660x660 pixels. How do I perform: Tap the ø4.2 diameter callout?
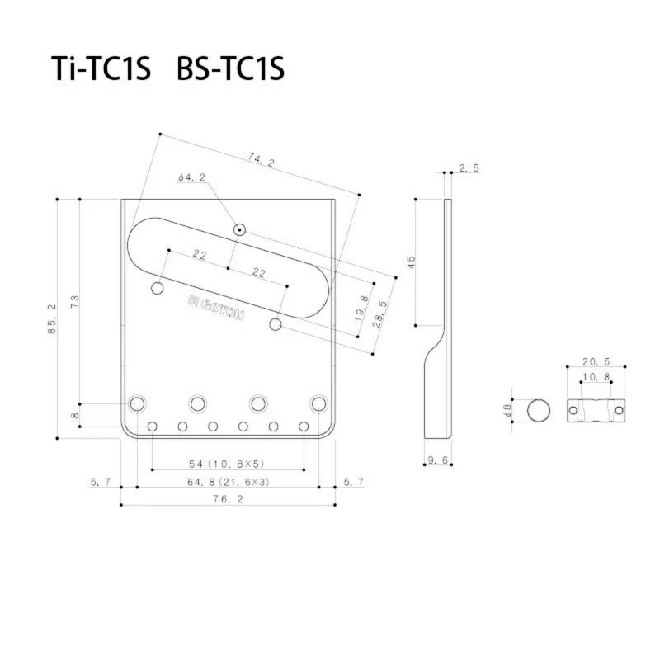(191, 177)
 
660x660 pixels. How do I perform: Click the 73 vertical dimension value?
(76, 302)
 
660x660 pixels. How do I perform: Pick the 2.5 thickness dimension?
(469, 168)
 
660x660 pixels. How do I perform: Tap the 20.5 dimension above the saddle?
(596, 362)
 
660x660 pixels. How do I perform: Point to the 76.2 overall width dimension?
(228, 498)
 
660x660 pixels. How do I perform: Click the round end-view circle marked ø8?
(539, 409)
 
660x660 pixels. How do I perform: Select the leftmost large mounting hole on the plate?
(137, 403)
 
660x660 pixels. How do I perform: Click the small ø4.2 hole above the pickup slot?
(239, 229)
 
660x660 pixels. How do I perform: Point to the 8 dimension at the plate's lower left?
(76, 415)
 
